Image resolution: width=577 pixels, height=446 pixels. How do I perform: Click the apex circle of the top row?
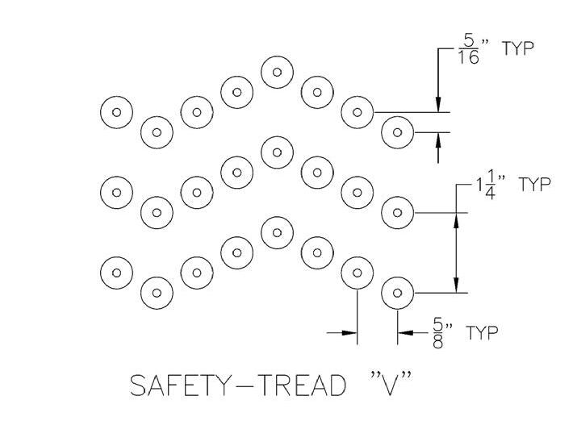point(277,72)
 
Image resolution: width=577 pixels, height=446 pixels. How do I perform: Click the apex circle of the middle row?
point(277,152)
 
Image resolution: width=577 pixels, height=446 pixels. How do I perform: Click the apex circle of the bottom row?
point(277,232)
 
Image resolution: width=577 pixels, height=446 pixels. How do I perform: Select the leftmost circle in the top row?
point(117,112)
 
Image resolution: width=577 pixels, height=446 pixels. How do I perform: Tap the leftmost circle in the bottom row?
point(117,272)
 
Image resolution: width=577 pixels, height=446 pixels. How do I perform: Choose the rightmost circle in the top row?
point(396,131)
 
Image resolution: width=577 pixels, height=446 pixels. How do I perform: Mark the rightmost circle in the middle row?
point(396,212)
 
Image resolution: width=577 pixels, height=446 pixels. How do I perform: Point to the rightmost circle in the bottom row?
point(396,292)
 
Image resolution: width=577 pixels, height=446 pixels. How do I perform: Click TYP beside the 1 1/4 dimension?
point(534,185)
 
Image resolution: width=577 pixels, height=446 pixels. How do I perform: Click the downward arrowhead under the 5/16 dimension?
point(437,105)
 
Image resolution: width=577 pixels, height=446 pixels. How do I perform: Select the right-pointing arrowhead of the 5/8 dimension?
point(349,331)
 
